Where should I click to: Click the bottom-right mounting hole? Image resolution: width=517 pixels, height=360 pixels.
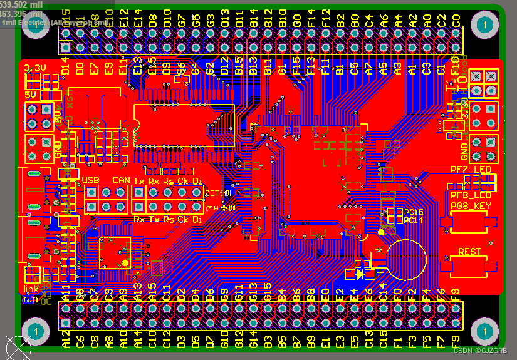(x=483, y=331)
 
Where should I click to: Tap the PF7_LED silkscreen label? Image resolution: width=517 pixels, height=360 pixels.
(x=471, y=170)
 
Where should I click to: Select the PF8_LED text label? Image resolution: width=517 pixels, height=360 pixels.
(x=471, y=195)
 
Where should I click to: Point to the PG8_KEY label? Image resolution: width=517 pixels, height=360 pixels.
(x=471, y=205)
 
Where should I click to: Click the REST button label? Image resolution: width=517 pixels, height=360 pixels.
(x=470, y=252)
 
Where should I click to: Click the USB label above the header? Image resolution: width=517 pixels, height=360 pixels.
(x=91, y=180)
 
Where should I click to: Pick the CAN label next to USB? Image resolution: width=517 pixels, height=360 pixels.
(x=121, y=180)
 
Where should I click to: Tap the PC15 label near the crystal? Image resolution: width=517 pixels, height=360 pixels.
(x=414, y=213)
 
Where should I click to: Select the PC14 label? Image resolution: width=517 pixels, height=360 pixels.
(x=414, y=220)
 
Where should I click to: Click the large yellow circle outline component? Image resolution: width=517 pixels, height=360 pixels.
(x=406, y=259)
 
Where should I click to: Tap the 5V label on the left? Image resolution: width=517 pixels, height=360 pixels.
(x=30, y=95)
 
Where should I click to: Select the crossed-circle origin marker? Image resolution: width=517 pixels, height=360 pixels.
(x=18, y=347)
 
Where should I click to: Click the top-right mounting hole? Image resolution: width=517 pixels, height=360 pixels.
(x=483, y=25)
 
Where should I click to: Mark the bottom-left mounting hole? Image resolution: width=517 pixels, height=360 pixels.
(x=36, y=331)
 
